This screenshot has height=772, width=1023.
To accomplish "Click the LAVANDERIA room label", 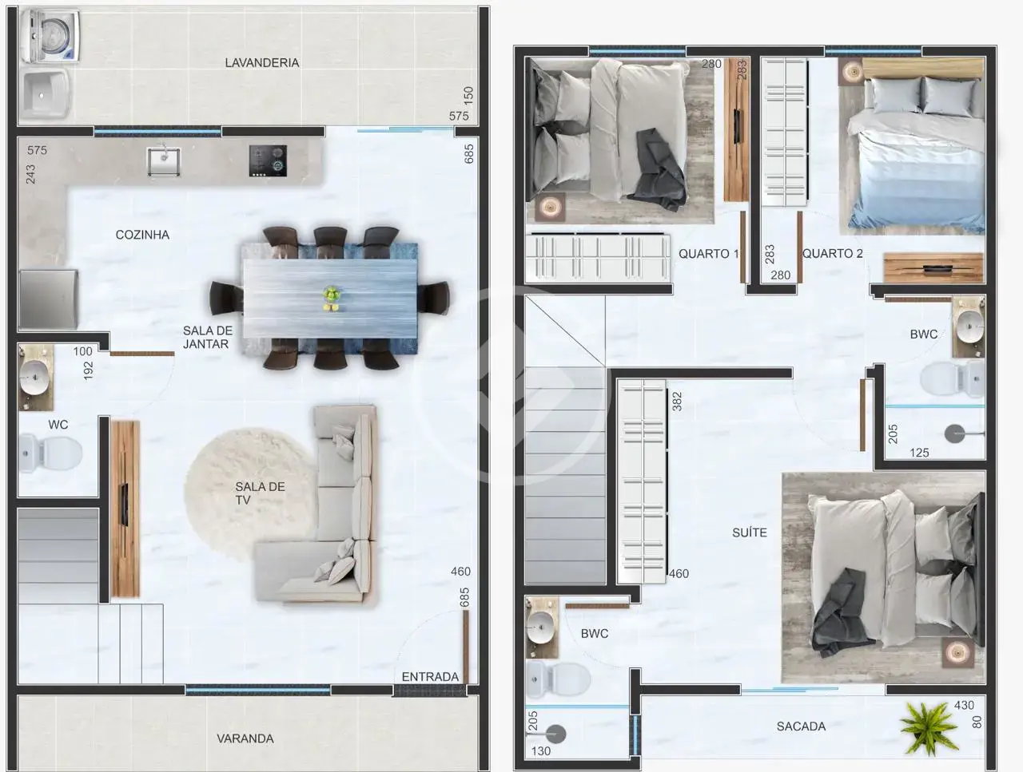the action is pyautogui.click(x=262, y=63).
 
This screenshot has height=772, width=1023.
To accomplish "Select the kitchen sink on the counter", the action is pyautogui.click(x=164, y=161).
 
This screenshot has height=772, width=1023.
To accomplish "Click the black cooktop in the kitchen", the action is pyautogui.click(x=268, y=161).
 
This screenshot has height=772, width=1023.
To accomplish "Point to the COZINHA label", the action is pyautogui.click(x=142, y=235).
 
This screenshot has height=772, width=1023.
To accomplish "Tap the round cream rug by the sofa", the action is pyautogui.click(x=249, y=496).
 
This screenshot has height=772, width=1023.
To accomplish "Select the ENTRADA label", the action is pyautogui.click(x=430, y=677).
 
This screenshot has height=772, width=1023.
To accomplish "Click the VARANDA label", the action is pyautogui.click(x=245, y=738).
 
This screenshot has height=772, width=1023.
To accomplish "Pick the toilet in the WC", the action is pyautogui.click(x=50, y=453).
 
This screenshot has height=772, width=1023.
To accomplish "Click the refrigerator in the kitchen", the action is pyautogui.click(x=48, y=299).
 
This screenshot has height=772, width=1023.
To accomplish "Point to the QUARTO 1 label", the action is pyautogui.click(x=708, y=254).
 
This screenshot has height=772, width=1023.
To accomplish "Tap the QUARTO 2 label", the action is pyautogui.click(x=832, y=254).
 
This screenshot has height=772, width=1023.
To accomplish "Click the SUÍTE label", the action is pyautogui.click(x=750, y=532).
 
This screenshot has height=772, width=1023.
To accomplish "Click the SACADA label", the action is pyautogui.click(x=801, y=726).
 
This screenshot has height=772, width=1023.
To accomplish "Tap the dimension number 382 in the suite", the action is pyautogui.click(x=677, y=402).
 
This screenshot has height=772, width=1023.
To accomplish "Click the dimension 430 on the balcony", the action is pyautogui.click(x=964, y=706).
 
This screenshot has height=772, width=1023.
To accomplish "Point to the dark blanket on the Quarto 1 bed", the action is pyautogui.click(x=658, y=169).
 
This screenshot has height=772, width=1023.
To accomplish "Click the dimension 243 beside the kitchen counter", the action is pyautogui.click(x=30, y=175).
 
